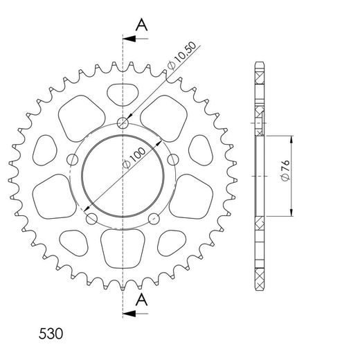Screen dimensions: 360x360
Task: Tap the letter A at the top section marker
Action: (x=141, y=25)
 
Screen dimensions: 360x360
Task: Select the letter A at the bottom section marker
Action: (x=141, y=299)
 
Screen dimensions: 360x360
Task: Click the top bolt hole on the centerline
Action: (x=124, y=124)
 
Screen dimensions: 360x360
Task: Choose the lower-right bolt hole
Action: (x=155, y=219)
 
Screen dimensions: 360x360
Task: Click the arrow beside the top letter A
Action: (x=138, y=39)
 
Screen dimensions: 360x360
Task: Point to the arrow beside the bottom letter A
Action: (x=138, y=314)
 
